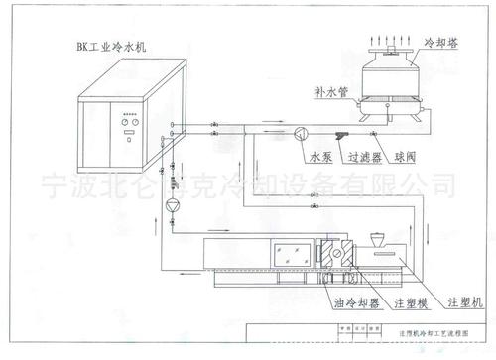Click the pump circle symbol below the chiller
(x=174, y=203)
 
